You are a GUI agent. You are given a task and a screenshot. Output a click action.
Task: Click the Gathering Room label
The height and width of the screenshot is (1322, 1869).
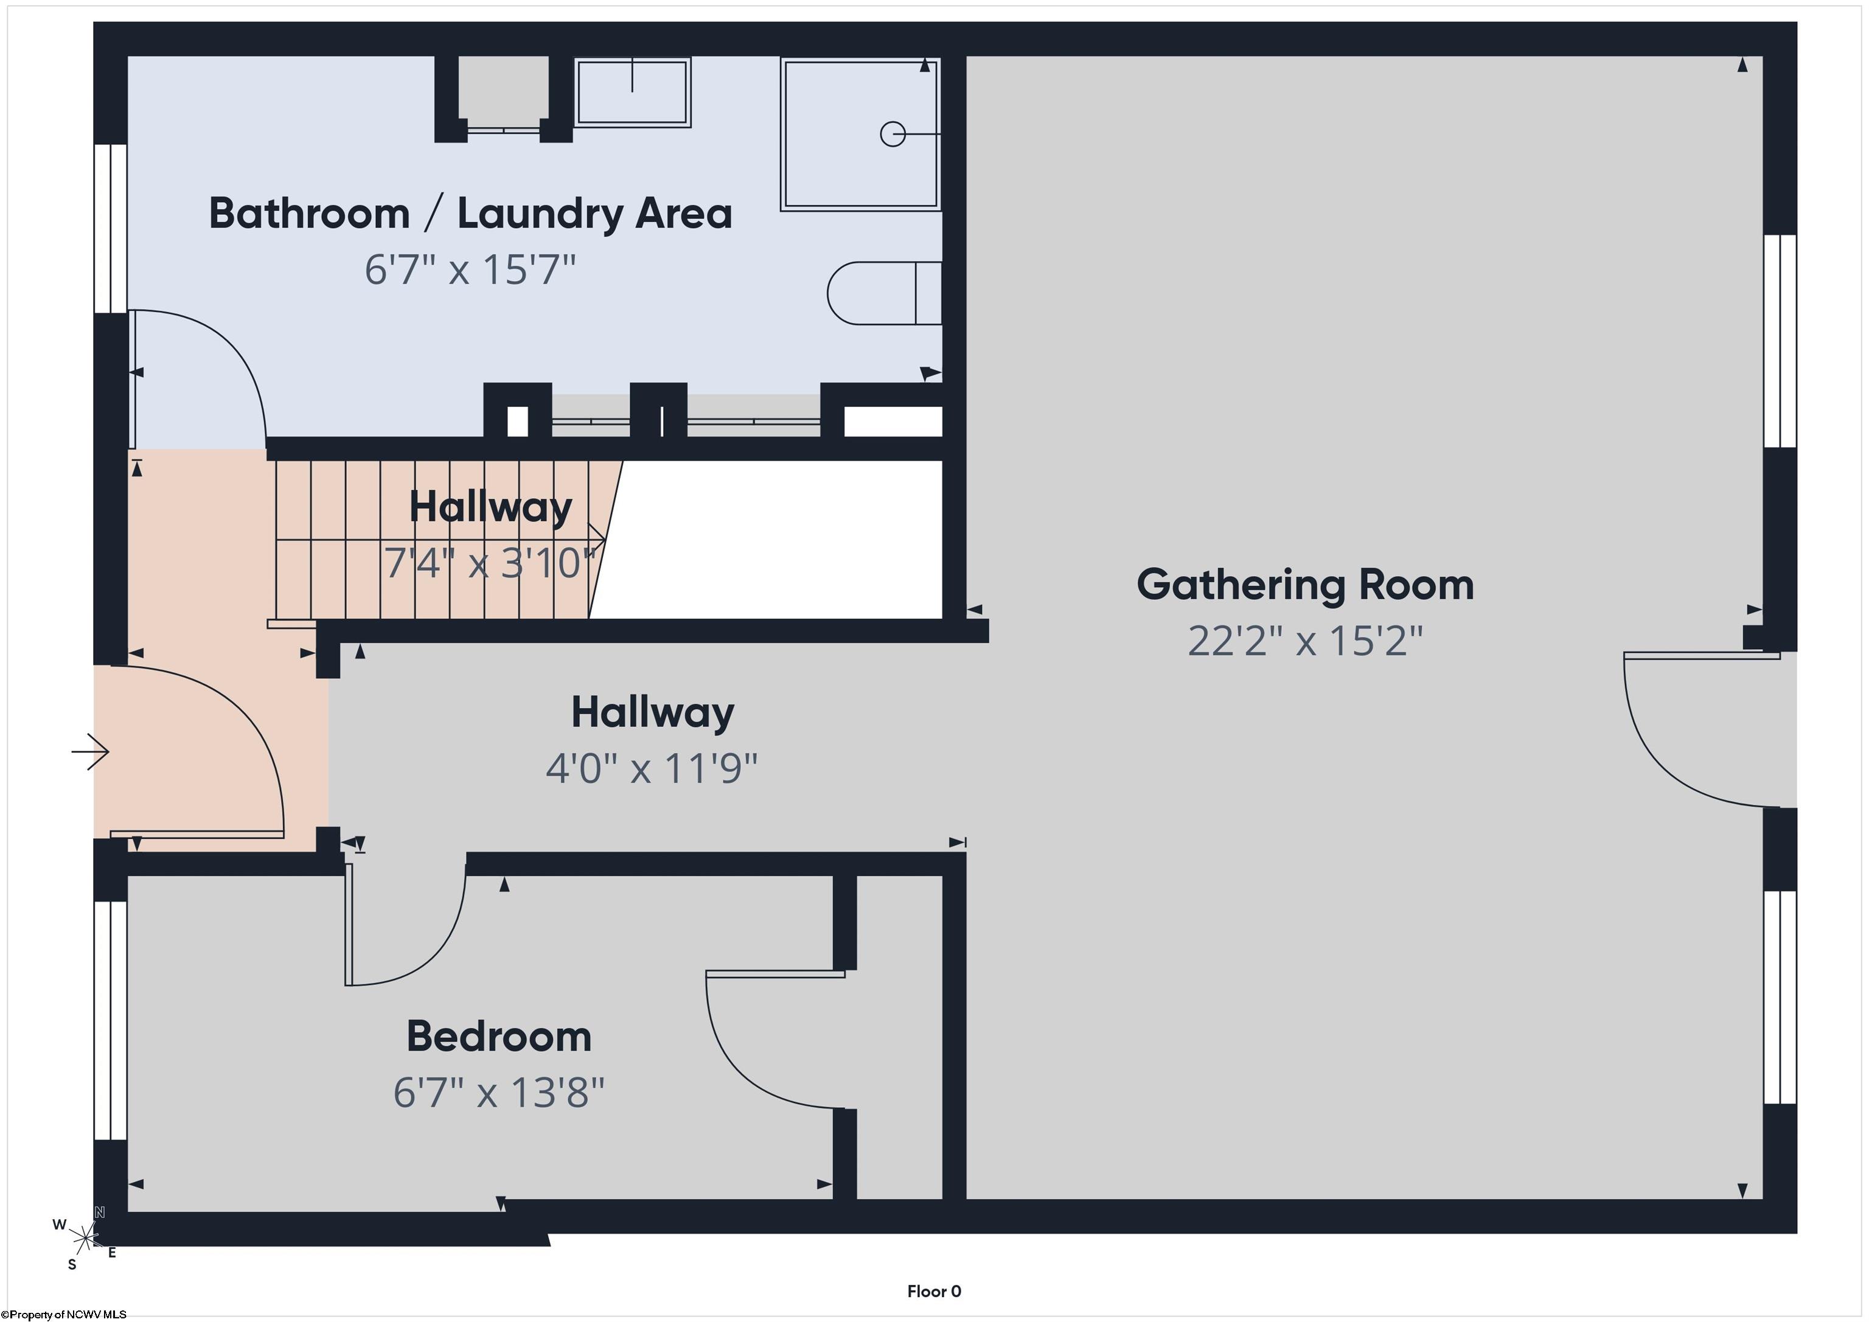pos(1305,585)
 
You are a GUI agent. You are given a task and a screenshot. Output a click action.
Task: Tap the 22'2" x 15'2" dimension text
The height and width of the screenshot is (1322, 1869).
pos(1305,641)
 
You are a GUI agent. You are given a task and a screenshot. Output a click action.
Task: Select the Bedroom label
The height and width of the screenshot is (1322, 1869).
pos(499,1036)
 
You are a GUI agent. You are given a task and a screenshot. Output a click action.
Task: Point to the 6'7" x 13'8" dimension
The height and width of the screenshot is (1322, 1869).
pos(499,1091)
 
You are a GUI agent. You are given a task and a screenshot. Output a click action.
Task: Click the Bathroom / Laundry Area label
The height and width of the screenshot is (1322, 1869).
pos(470,214)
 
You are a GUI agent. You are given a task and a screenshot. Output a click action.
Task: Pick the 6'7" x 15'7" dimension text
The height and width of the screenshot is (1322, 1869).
pos(470,269)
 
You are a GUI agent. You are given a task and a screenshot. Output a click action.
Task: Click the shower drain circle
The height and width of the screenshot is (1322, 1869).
pos(893,133)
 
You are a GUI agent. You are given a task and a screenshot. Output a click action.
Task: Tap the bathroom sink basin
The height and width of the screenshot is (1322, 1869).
pos(633,91)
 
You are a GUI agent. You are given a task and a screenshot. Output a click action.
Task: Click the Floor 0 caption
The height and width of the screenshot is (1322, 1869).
pos(934,1292)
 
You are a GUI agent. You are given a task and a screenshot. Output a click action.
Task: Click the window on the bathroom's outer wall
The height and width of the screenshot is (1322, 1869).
pos(111,229)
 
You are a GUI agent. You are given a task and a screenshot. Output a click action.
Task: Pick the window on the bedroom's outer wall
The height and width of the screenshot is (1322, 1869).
pos(111,1020)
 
